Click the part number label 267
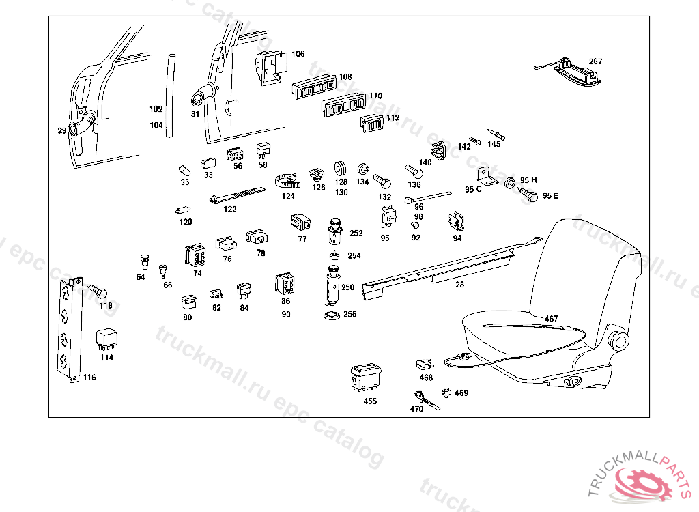click(595, 61)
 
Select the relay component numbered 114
click(106, 340)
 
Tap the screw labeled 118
click(97, 291)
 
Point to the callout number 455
click(370, 401)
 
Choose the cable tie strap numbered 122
click(237, 195)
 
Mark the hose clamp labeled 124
click(287, 182)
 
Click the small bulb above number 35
click(184, 171)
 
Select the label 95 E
click(551, 196)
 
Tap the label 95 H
click(529, 180)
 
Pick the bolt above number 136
click(414, 172)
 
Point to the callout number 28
click(459, 285)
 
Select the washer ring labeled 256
click(331, 315)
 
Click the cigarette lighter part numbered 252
click(334, 231)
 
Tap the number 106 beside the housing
click(298, 54)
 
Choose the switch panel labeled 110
click(344, 106)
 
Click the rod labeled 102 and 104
click(171, 96)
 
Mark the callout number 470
click(416, 409)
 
